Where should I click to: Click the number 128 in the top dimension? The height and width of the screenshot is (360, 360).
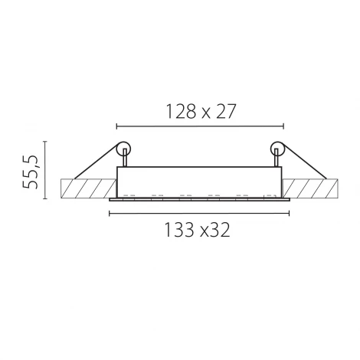point(182,111)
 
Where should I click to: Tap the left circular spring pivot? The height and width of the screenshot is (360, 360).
point(123,149)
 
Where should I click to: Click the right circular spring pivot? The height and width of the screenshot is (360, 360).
point(276,149)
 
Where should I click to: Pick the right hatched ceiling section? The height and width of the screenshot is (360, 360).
point(311,188)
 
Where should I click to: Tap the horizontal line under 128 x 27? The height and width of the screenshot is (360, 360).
point(199,125)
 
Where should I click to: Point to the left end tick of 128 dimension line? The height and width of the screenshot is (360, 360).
point(116,125)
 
